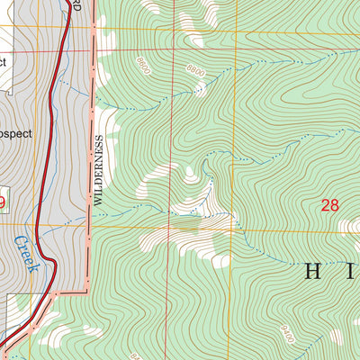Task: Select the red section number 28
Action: click(330, 205)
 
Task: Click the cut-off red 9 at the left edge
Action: click(2, 203)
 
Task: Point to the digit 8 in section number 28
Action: click(336, 205)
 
